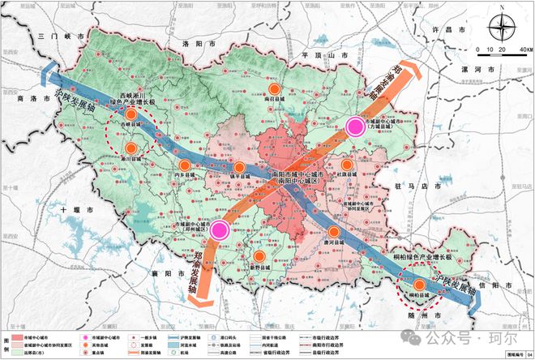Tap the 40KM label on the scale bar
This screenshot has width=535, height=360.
(x=524, y=49)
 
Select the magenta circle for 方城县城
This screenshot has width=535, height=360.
(x=355, y=126)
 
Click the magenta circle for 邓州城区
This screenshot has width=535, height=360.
(x=220, y=230)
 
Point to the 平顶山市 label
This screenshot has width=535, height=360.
(x=323, y=54)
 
